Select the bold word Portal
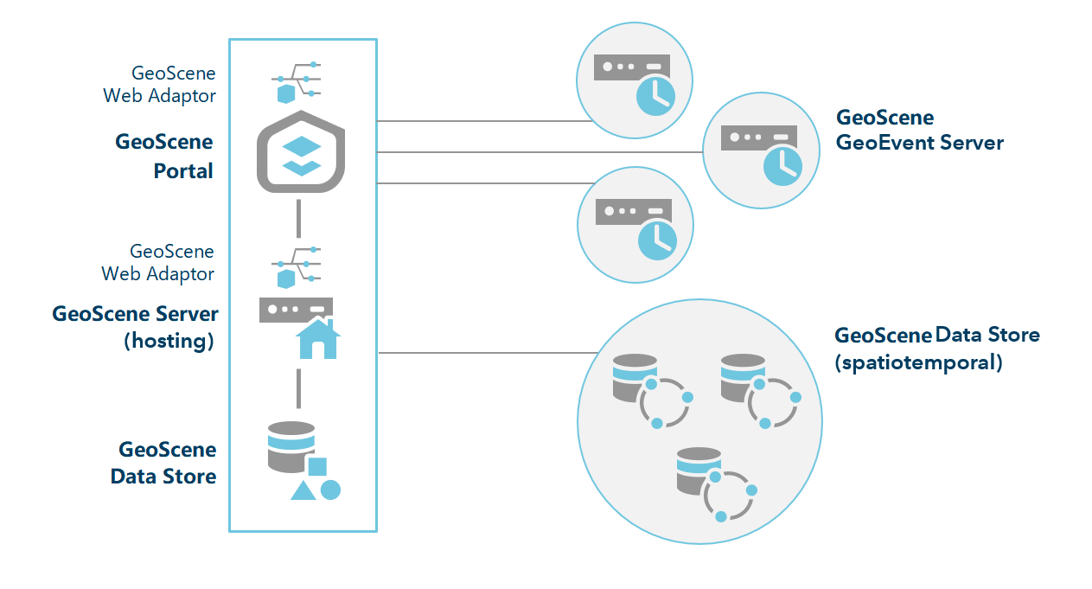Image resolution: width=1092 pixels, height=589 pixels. [183, 171]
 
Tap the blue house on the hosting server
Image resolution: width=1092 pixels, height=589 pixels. [317, 338]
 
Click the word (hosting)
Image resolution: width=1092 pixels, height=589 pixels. [169, 341]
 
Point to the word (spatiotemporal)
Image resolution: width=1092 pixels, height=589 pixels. [918, 362]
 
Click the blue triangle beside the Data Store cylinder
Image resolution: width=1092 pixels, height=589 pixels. [303, 490]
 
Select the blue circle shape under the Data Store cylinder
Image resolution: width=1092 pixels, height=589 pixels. [330, 490]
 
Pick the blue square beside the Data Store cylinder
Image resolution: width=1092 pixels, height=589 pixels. [317, 467]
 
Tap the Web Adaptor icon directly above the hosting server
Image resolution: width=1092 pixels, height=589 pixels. [297, 266]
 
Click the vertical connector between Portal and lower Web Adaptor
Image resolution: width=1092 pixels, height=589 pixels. [298, 218]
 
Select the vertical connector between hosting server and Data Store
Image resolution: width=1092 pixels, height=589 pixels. [298, 388]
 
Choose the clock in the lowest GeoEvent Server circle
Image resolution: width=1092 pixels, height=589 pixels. [656, 240]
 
